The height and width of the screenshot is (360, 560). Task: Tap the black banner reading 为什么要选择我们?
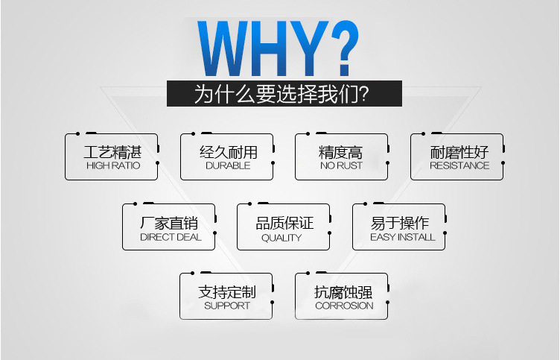tap(284, 94)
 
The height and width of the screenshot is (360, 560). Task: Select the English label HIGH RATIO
tap(113, 165)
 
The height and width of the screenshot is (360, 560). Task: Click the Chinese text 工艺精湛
tap(113, 152)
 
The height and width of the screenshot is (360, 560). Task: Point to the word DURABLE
tap(228, 165)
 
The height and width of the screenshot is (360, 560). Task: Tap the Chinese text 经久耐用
tap(229, 152)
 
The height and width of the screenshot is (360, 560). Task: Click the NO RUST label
tap(341, 165)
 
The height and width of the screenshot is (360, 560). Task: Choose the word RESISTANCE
tap(459, 165)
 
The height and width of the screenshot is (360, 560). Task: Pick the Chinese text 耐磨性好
tap(459, 152)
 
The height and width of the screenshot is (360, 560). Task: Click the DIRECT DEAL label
tap(171, 237)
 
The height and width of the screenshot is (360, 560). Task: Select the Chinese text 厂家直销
tap(169, 223)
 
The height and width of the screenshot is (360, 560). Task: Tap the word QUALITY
tap(281, 238)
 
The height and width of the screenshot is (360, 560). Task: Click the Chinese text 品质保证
tap(284, 223)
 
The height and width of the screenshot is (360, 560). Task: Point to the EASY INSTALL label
tap(402, 237)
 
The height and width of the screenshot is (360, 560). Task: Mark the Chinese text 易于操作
tap(400, 223)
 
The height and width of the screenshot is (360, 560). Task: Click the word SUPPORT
tap(227, 306)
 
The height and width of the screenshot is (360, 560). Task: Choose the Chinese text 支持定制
tap(227, 291)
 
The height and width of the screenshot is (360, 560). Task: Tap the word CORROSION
tap(344, 306)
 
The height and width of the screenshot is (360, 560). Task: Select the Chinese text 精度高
tap(341, 152)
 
